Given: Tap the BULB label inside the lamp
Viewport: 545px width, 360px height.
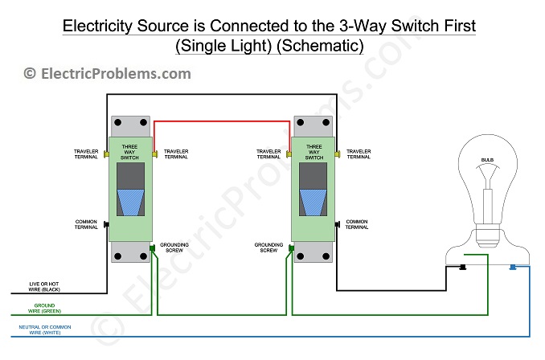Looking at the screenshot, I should click(x=487, y=161).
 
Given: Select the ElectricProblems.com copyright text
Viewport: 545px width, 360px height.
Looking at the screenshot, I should click(x=107, y=74).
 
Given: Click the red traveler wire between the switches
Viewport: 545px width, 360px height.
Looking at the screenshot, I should click(x=221, y=122).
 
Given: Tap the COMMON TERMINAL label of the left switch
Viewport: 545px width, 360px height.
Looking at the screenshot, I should click(x=87, y=225).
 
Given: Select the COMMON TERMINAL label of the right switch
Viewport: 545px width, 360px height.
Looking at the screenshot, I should click(x=358, y=225).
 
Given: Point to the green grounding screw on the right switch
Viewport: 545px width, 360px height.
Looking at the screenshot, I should click(x=289, y=250).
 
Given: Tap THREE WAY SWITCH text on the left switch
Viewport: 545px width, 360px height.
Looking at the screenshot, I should click(x=128, y=153).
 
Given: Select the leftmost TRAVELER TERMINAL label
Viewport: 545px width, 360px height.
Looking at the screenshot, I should click(x=87, y=153).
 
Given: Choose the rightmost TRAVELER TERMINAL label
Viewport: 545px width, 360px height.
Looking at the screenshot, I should click(x=358, y=153).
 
